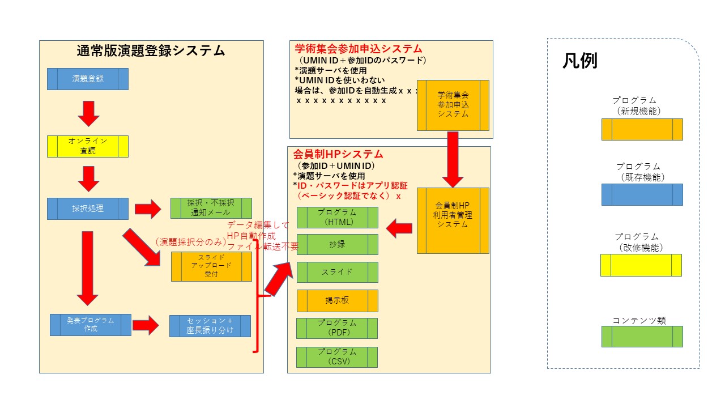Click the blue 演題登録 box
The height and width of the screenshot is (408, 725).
pyautogui.click(x=88, y=79)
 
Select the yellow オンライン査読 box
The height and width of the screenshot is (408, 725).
pyautogui.click(x=88, y=146)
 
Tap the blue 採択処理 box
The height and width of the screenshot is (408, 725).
pyautogui.click(x=88, y=209)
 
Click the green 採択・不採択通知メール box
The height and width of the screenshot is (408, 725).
pyautogui.click(x=211, y=209)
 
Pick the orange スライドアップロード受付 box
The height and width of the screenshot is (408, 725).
pyautogui.click(x=211, y=266)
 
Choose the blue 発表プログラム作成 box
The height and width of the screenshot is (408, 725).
pyautogui.click(x=91, y=325)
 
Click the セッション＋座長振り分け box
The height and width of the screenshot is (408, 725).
pyautogui.click(x=210, y=326)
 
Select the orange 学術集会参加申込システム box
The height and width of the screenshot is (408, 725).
pyautogui.click(x=453, y=105)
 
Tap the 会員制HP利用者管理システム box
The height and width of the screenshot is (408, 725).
pyautogui.click(x=453, y=220)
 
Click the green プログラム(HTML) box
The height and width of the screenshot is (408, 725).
pyautogui.click(x=338, y=218)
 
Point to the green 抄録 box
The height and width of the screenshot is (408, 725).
pyautogui.click(x=338, y=244)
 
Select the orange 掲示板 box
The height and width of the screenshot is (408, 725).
pyautogui.click(x=338, y=301)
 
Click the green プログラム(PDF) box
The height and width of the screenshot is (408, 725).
pyautogui.click(x=338, y=328)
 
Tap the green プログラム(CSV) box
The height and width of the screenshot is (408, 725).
pyautogui.click(x=338, y=357)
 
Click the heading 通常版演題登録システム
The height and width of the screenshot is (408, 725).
pyautogui.click(x=151, y=51)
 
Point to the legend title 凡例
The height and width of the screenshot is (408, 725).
pyautogui.click(x=579, y=61)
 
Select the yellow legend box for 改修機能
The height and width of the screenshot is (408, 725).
pyautogui.click(x=641, y=265)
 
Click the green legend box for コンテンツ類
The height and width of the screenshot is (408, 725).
pyautogui.click(x=642, y=337)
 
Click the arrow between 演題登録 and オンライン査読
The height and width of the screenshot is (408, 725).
pyautogui.click(x=88, y=113)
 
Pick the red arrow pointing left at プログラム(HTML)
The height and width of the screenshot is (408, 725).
pyautogui.click(x=399, y=228)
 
